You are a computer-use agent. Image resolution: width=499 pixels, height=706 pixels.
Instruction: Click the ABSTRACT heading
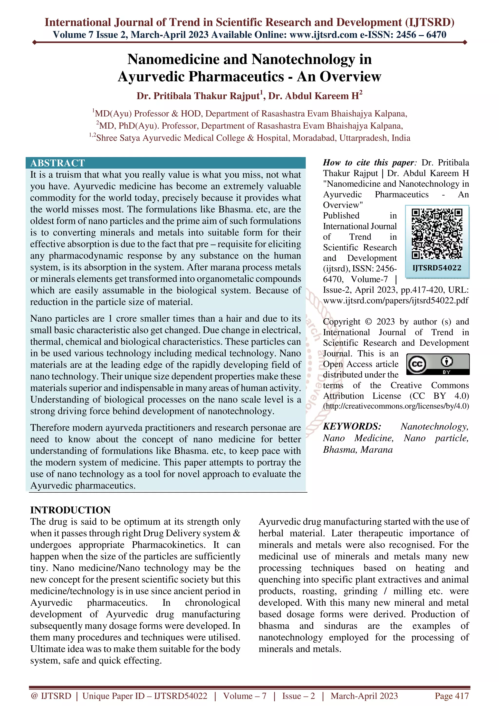tap(58, 163)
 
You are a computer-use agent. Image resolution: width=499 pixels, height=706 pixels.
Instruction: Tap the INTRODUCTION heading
tap(70, 510)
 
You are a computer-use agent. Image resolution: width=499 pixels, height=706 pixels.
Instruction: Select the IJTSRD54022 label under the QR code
tap(437, 268)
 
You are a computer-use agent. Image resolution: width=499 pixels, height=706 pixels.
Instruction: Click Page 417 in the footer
tap(451, 696)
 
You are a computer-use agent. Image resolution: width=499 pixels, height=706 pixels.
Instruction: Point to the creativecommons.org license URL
tap(396, 406)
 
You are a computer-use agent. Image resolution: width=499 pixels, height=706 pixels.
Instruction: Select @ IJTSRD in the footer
tap(51, 696)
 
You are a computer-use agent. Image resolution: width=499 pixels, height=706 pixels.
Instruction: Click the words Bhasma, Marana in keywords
tap(358, 449)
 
